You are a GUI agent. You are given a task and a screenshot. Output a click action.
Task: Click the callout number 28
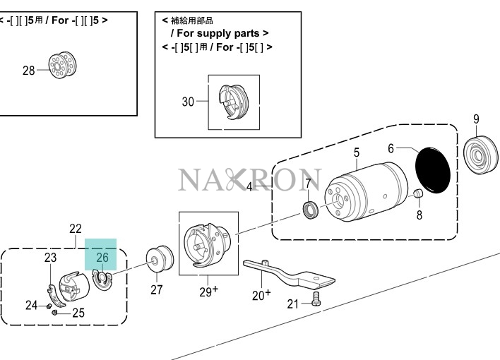(28, 71)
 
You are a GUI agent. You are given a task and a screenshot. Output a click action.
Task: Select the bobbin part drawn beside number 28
(62, 65)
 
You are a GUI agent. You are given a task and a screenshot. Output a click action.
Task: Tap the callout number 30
(188, 102)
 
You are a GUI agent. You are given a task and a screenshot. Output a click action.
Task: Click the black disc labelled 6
(433, 170)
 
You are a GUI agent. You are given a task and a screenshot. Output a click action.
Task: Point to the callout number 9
(476, 119)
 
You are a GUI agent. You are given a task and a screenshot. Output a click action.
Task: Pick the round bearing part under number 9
(480, 155)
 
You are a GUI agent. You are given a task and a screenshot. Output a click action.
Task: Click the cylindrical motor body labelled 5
(366, 192)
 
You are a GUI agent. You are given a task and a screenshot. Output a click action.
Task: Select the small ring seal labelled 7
(311, 210)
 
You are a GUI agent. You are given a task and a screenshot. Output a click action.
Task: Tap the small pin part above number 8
(418, 193)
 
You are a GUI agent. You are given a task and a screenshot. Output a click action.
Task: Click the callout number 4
(249, 187)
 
